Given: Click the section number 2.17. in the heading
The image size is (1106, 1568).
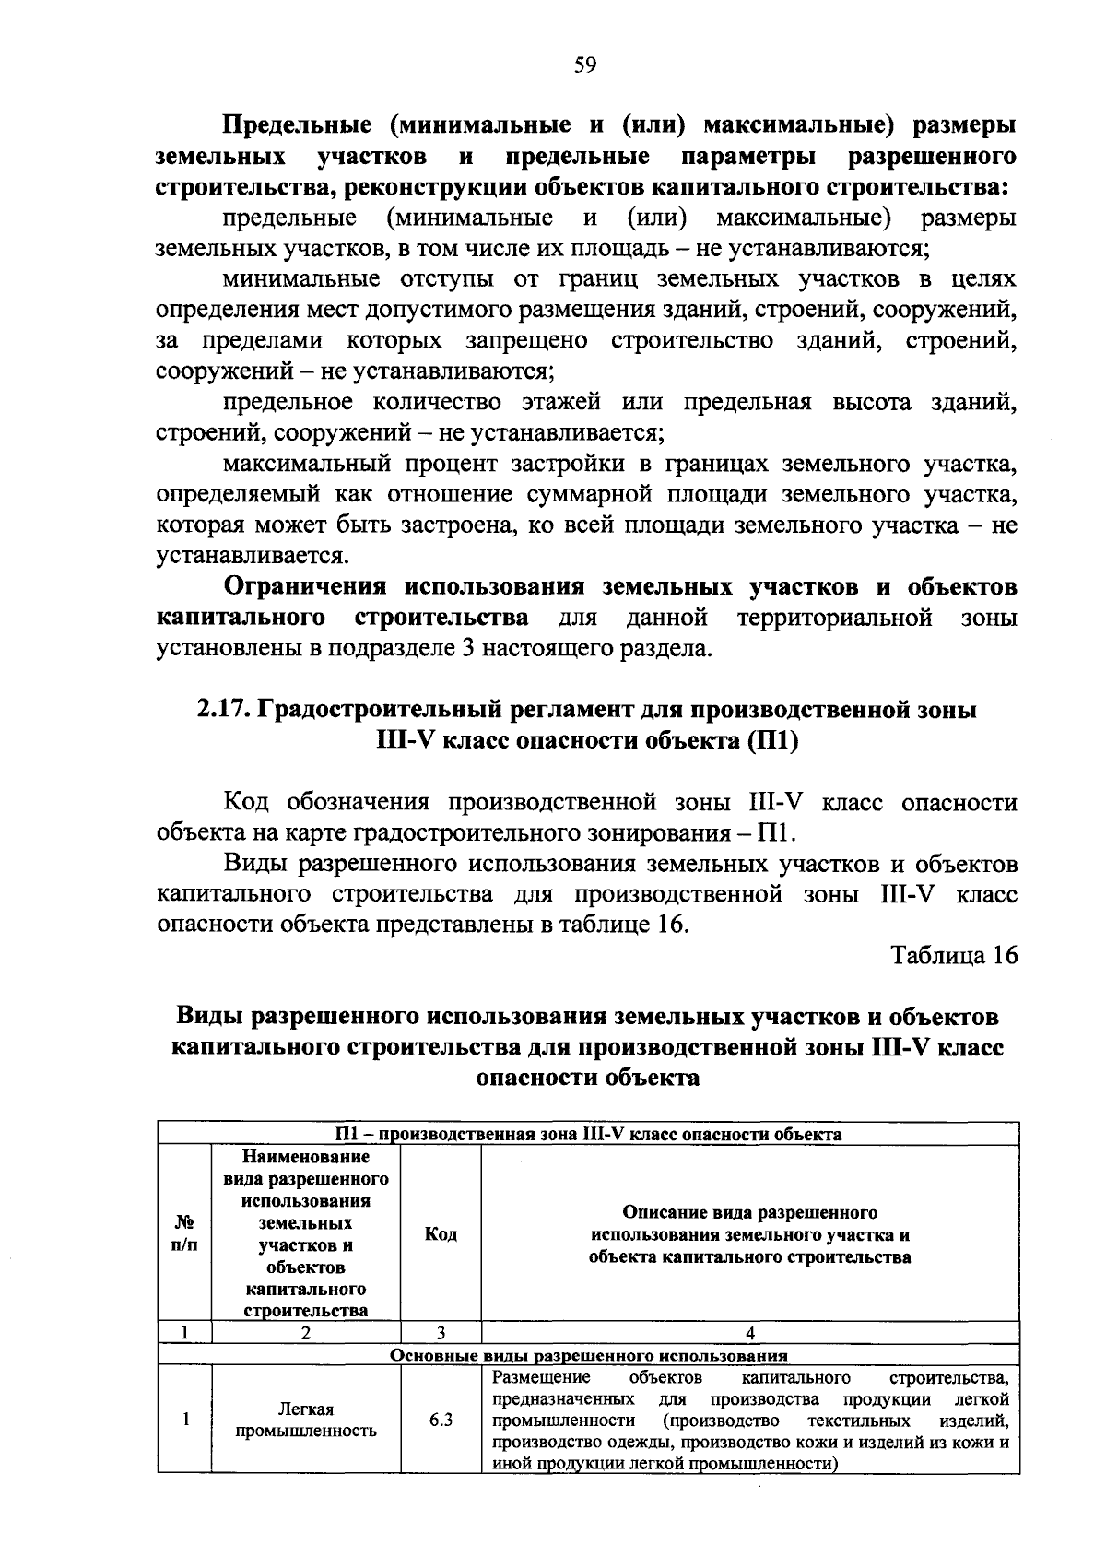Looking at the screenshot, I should [x=223, y=710].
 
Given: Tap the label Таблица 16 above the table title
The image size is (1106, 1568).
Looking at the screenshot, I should [x=954, y=955].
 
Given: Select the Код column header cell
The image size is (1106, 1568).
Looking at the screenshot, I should [x=441, y=1233].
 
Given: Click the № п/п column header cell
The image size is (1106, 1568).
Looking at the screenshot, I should [x=184, y=1233].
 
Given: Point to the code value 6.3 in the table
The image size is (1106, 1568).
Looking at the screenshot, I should [x=441, y=1420].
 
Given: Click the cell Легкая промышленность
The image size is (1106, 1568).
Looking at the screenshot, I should [x=306, y=1420].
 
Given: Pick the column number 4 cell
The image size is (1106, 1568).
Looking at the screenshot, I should [x=749, y=1333].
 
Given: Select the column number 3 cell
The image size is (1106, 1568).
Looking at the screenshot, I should [x=441, y=1333].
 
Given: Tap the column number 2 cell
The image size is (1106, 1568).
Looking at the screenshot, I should [x=306, y=1333].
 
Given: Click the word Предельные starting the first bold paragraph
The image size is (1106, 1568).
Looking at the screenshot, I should [x=295, y=125].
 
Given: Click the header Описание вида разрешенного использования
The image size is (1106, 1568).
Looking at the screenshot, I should [x=749, y=1233].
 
